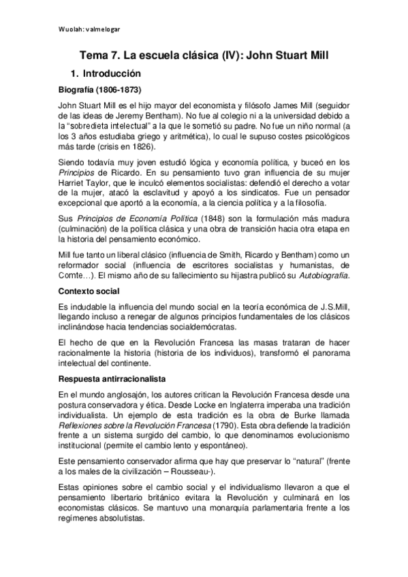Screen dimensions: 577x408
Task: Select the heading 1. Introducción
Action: pyautogui.click(x=110, y=73)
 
